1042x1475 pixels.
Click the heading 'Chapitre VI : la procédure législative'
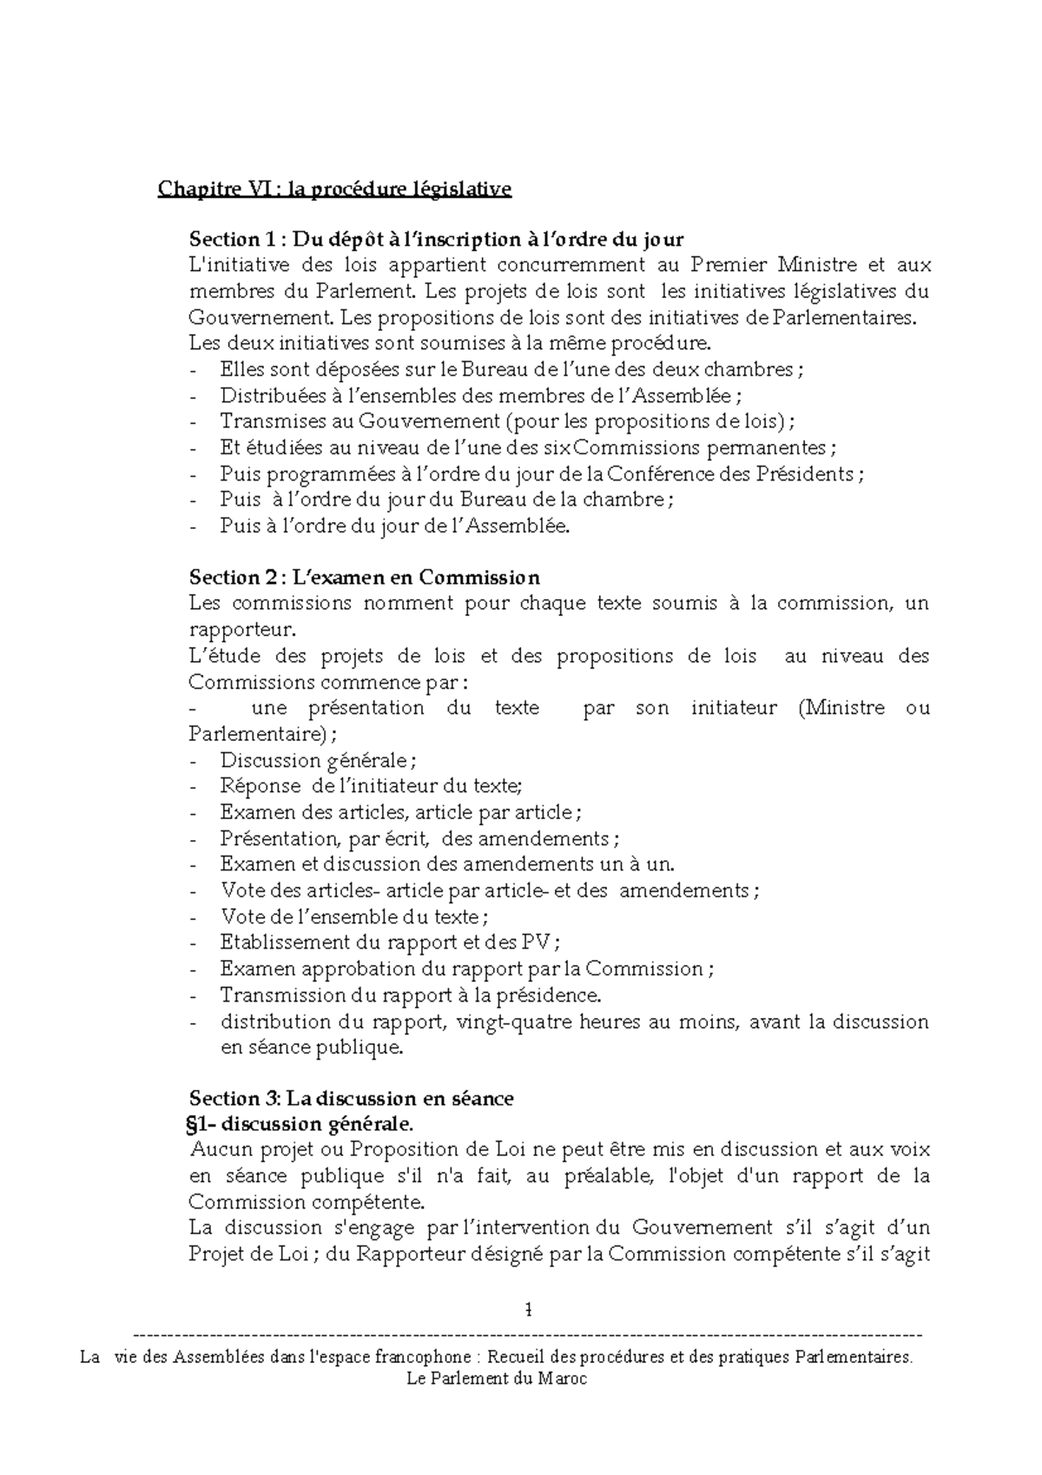[334, 189]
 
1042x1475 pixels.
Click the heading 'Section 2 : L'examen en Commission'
[364, 578]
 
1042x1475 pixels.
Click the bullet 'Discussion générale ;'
[318, 761]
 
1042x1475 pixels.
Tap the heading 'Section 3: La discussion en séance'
[351, 1098]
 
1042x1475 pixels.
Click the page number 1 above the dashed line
[529, 1308]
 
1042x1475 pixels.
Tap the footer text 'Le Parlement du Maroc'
[497, 1378]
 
